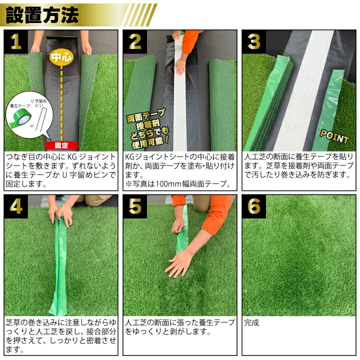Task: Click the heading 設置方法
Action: coord(42,15)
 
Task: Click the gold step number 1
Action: coord(16,42)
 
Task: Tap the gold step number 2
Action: coord(135,42)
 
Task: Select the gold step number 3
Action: coord(254,42)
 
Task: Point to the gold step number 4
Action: coord(16,206)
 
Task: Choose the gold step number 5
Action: coord(135,206)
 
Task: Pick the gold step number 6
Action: coord(254,206)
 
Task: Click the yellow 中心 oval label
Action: coord(61,57)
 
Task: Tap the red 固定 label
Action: coord(61,145)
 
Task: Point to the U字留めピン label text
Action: coord(39,103)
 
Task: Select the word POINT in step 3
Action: coord(334,137)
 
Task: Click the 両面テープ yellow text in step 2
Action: coord(146,115)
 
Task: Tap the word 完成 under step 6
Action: coord(251,322)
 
